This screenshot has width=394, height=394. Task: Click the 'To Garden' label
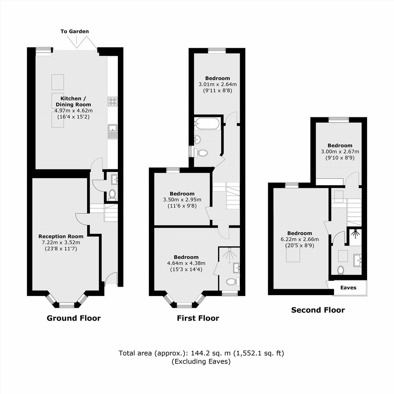[75, 31]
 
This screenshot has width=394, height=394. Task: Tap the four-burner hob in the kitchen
[113, 101]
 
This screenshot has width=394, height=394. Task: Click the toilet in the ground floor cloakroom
[112, 195]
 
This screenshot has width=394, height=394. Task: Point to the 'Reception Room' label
[61, 236]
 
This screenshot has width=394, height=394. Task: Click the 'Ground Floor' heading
[74, 318]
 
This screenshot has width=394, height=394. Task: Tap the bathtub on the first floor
[207, 123]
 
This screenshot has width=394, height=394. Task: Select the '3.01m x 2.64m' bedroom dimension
[218, 84]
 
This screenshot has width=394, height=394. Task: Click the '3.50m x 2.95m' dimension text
[182, 200]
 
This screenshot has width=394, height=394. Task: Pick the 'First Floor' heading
[198, 318]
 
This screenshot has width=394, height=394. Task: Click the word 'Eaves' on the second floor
[348, 288]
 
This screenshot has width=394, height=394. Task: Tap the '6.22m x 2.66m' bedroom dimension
[300, 239]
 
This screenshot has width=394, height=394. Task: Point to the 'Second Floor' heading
[318, 310]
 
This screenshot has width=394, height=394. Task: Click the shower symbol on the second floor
[356, 234]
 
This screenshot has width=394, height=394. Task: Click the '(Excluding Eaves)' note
[201, 362]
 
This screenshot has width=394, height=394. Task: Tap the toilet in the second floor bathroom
[340, 270]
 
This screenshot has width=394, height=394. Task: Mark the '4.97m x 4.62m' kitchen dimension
[73, 111]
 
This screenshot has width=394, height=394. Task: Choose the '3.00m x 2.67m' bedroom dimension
[340, 152]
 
